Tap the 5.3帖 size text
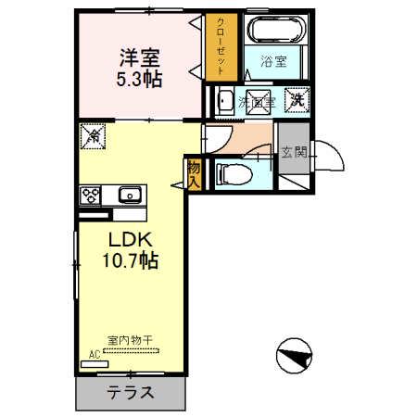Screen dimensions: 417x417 141,79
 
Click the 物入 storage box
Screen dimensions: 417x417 194,172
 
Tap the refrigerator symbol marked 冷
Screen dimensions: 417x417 92,135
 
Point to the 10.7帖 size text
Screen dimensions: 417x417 129,261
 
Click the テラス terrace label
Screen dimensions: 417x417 129,392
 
